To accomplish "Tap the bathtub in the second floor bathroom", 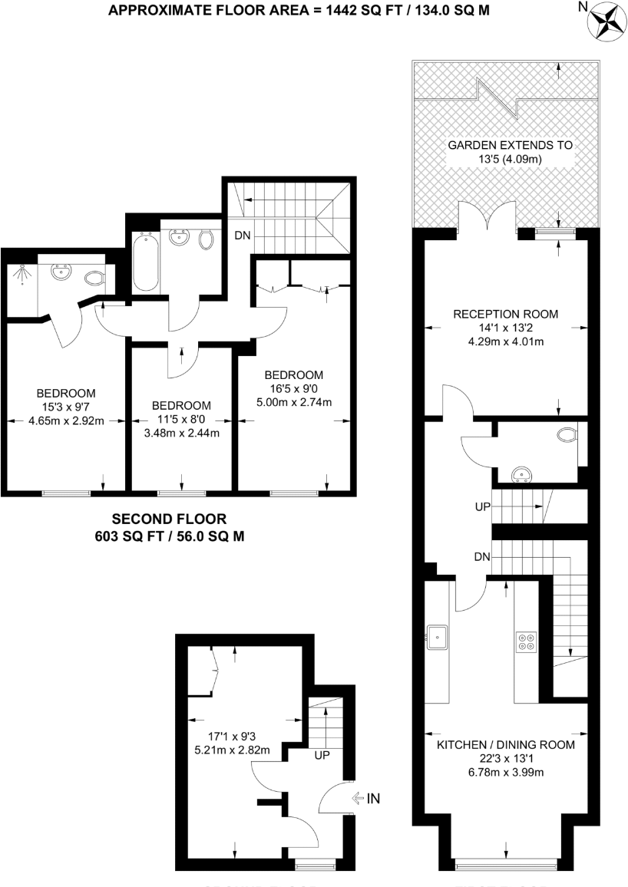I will tap(146, 262).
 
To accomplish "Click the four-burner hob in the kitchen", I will tap(526, 640).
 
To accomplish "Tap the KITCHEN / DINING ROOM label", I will tap(505, 745).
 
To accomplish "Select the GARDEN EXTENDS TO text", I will tap(510, 145).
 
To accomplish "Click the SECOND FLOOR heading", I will tap(169, 519).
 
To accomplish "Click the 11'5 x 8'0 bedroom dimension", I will tap(181, 419).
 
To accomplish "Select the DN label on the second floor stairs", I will tap(242, 236).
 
